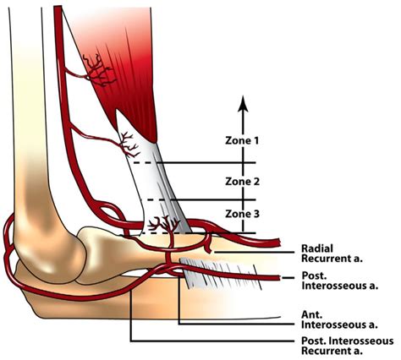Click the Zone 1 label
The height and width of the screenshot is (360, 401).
tap(242, 140)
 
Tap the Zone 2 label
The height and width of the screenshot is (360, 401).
tap(242, 182)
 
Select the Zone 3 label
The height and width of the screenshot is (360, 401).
tap(242, 214)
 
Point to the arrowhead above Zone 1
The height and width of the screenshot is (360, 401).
tap(243, 104)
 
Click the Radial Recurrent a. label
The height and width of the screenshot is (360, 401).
tap(332, 254)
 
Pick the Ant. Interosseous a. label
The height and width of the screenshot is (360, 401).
tap(339, 319)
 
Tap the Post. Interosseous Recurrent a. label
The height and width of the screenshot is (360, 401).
tap(348, 346)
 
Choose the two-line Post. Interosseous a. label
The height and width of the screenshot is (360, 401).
tap(339, 281)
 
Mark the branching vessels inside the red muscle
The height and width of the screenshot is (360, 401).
tap(99, 70)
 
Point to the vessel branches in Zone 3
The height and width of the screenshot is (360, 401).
tap(163, 224)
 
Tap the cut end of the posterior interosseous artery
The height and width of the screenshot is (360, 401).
tap(278, 278)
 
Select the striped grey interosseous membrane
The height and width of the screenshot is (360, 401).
tap(220, 273)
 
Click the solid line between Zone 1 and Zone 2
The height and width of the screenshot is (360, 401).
tap(206, 162)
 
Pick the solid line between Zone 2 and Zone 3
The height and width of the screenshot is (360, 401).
tap(213, 199)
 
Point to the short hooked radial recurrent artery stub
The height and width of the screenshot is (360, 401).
tap(209, 243)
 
